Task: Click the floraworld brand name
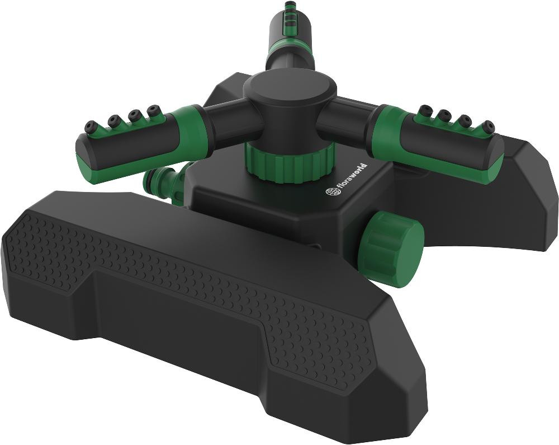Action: pyautogui.click(x=352, y=178)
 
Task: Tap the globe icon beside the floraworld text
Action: pyautogui.click(x=330, y=192)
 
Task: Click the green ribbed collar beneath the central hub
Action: pyautogui.click(x=290, y=160)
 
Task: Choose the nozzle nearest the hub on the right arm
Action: pyautogui.click(x=426, y=109)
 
